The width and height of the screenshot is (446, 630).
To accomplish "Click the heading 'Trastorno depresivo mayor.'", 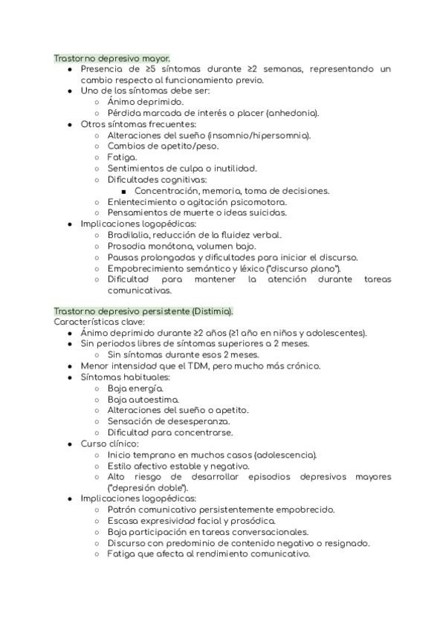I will [x=112, y=58].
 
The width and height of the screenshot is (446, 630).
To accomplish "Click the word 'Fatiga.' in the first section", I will [x=122, y=157].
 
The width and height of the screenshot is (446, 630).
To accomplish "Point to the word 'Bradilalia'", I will [x=132, y=235].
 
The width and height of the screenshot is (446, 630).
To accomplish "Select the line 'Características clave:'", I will [x=99, y=322].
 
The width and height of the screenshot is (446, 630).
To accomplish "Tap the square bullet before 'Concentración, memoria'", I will [x=124, y=191].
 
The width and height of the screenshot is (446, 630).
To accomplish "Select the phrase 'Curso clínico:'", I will [x=109, y=444].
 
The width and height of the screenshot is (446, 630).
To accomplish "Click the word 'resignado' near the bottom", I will [x=345, y=543].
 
